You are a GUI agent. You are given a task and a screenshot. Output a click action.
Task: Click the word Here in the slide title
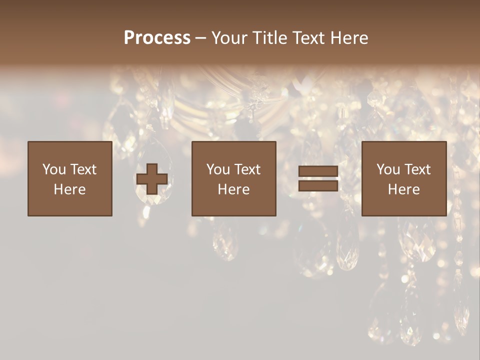351,38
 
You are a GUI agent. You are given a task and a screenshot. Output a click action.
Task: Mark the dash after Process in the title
201,38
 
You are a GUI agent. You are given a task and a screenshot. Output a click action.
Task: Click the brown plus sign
152,179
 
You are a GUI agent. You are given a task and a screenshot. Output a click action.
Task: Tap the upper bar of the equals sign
318,172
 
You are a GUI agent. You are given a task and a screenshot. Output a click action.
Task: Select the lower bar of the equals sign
318,185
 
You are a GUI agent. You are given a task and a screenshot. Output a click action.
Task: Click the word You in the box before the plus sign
54,169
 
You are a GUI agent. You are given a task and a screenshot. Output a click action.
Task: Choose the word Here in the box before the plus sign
69,189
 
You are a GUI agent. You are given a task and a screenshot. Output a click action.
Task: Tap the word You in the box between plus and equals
218,169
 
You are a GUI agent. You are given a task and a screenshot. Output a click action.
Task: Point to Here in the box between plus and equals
233,189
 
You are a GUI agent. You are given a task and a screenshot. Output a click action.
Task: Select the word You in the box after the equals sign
388,169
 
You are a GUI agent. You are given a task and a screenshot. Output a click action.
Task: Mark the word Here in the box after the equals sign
403,189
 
